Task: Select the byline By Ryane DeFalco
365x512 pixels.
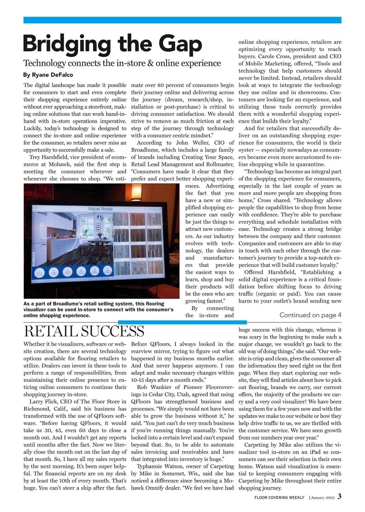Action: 48,75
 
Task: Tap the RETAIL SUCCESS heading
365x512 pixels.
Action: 84,331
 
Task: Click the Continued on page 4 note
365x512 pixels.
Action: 310,315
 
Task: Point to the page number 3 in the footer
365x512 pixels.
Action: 339,497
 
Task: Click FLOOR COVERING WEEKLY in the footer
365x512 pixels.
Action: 279,497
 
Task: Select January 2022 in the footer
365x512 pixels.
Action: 323,498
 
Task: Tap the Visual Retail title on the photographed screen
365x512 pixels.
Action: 100,209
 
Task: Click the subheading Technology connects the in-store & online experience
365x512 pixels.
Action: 122,63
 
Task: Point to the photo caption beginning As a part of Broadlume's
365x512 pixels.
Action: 98,310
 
